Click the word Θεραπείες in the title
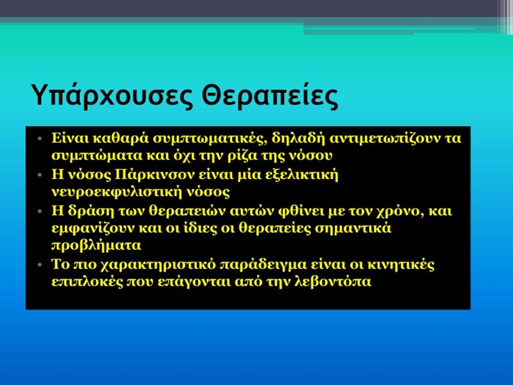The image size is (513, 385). (x=270, y=95)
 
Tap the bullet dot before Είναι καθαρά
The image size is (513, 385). (x=40, y=138)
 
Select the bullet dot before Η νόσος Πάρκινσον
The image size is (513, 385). (x=40, y=175)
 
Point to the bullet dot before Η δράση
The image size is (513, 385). (x=40, y=211)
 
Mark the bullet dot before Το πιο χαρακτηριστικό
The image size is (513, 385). (x=40, y=264)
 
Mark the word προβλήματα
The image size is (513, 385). (x=96, y=245)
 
